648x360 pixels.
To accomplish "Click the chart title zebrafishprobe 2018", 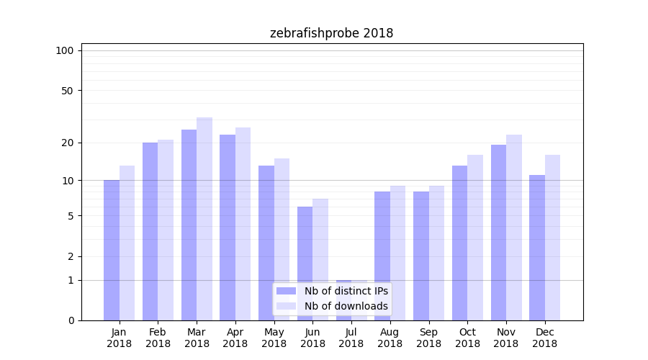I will [x=331, y=33].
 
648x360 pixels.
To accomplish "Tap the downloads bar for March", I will [x=204, y=219].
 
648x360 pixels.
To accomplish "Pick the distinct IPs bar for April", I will [x=228, y=228].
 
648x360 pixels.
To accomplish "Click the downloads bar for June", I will [x=320, y=259].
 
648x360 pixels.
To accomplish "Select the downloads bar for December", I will [x=552, y=238].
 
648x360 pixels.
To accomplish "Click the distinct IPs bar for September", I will [x=421, y=256].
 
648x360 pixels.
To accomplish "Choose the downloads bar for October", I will [x=475, y=238].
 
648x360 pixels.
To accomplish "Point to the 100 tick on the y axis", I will [x=65, y=50].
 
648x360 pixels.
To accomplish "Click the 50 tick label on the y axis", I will [x=68, y=91].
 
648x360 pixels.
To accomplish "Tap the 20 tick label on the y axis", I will [x=68, y=143].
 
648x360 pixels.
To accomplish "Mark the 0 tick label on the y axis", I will [x=71, y=320].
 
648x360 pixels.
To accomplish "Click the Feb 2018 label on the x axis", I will [x=158, y=338].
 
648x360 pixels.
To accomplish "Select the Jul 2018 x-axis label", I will [x=351, y=338].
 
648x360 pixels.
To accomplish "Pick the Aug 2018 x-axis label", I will [x=390, y=338].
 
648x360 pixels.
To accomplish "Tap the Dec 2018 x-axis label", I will [x=544, y=338].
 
